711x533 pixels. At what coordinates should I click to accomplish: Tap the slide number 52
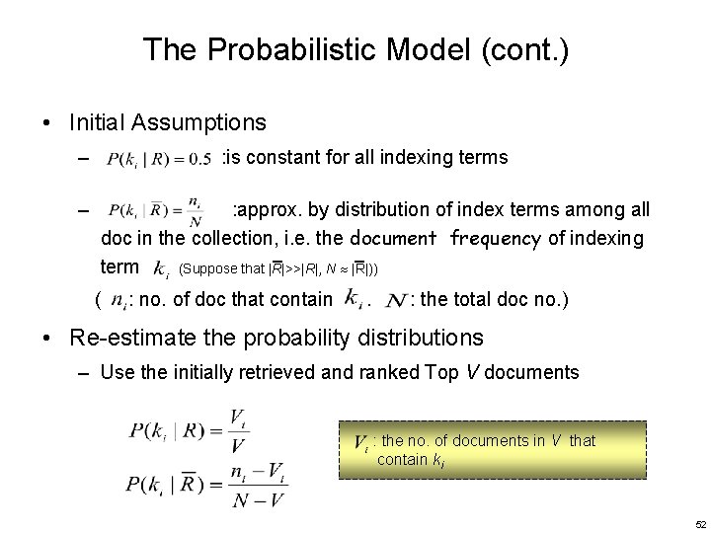pos(700,523)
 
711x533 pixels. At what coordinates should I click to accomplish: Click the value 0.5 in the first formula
pos(198,159)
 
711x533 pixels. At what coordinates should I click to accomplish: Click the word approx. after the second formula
pos(267,210)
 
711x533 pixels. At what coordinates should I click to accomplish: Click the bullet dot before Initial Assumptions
pos(47,123)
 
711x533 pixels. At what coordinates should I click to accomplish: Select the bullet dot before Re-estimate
pos(47,339)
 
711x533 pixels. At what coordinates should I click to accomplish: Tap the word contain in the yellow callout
pos(403,459)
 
